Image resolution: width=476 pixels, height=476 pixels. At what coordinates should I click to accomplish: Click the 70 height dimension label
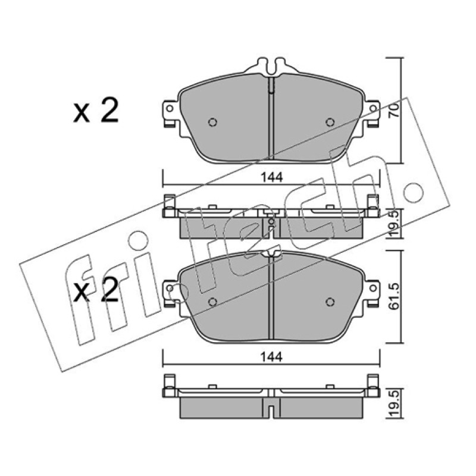pos(394,110)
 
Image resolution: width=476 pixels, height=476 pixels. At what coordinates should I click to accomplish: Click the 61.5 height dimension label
pos(394,296)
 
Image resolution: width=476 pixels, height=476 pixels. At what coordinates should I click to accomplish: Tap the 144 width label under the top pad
pos(272,177)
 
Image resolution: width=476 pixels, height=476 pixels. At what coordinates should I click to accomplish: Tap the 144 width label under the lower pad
pos(272,357)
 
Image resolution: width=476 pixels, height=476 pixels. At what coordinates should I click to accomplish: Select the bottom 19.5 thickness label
pos(394,404)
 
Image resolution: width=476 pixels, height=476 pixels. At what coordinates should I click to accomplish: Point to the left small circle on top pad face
pos(213,122)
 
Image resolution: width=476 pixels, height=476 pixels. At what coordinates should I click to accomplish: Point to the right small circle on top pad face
pos(330,122)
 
